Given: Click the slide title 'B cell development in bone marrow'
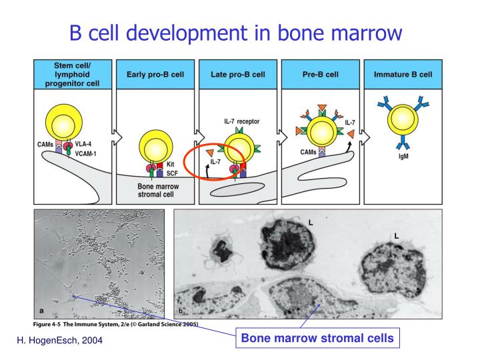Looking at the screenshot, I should (240, 31).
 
